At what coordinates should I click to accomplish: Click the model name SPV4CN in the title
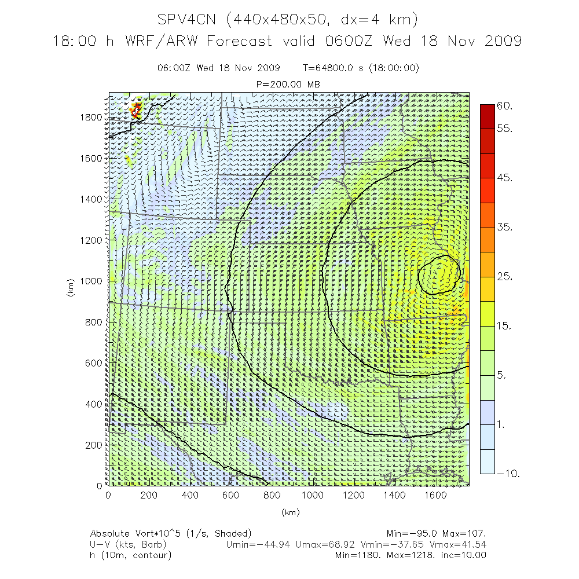(x=188, y=20)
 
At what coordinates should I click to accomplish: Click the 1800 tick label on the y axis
(x=90, y=117)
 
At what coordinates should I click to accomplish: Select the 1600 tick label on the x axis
(x=435, y=495)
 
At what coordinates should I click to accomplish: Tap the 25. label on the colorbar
(x=505, y=277)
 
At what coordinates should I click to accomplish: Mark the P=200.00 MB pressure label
(x=288, y=85)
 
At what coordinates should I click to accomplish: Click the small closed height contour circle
(x=439, y=273)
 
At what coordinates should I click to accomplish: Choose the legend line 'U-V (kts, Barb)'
(x=128, y=544)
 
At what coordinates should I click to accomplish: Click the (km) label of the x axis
(x=289, y=512)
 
